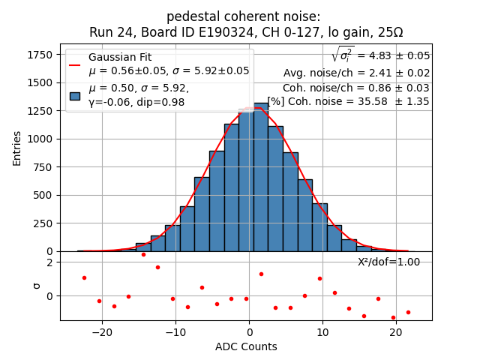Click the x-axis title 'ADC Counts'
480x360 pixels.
pos(245,346)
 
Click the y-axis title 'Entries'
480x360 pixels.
pos(16,148)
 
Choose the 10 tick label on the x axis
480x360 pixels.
pos(322,331)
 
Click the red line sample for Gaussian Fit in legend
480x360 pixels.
pos(75,64)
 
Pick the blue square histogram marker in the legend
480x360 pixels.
pos(75,95)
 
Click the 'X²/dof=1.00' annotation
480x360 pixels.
pos(388,262)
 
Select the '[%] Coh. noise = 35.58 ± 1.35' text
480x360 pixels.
pos(348,101)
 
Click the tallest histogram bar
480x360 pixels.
pos(261,178)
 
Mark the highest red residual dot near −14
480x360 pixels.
pos(143,254)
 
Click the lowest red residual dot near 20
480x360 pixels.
pos(393,317)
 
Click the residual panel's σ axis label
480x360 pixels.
pos(36,286)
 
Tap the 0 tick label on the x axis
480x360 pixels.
pos(249,331)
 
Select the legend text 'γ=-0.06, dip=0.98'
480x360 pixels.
pos(136,102)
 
